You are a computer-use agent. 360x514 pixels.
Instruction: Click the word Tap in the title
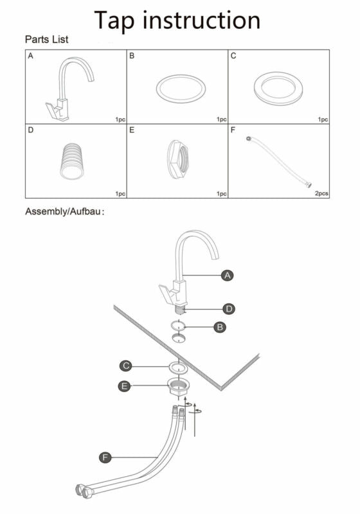(114, 21)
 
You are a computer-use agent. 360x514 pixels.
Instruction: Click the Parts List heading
(46, 39)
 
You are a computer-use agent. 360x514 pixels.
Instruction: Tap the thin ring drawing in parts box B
(181, 89)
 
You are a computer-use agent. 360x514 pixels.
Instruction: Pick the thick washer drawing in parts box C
(278, 89)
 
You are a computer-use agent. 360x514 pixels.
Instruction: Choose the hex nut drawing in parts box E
(178, 159)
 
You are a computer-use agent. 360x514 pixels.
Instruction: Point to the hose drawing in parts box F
(279, 162)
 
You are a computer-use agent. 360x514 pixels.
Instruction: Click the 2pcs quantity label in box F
(321, 193)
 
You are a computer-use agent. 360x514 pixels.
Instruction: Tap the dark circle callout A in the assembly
(227, 276)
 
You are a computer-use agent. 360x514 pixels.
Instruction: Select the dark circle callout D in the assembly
(229, 309)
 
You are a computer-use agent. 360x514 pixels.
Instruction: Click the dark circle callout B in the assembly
(220, 327)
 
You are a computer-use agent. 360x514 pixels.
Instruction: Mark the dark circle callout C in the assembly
(126, 366)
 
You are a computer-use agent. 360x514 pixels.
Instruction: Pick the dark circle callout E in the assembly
(124, 386)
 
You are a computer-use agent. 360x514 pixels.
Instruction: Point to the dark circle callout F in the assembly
(105, 457)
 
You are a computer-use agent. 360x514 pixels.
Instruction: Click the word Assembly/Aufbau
(63, 211)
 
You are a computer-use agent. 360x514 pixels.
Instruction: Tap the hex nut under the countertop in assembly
(179, 386)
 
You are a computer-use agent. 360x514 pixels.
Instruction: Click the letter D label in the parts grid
(30, 130)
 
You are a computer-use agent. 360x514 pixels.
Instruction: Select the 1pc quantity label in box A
(120, 120)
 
